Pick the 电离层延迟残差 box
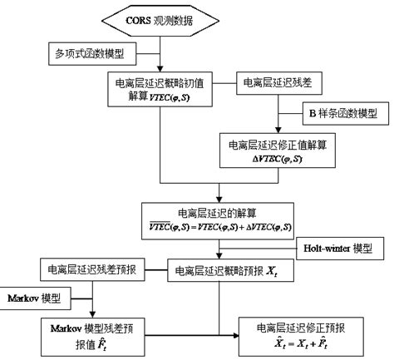click(x=275, y=83)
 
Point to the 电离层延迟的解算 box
click(x=219, y=219)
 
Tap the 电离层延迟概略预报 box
click(x=219, y=271)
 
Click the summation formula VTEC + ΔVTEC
click(x=219, y=227)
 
